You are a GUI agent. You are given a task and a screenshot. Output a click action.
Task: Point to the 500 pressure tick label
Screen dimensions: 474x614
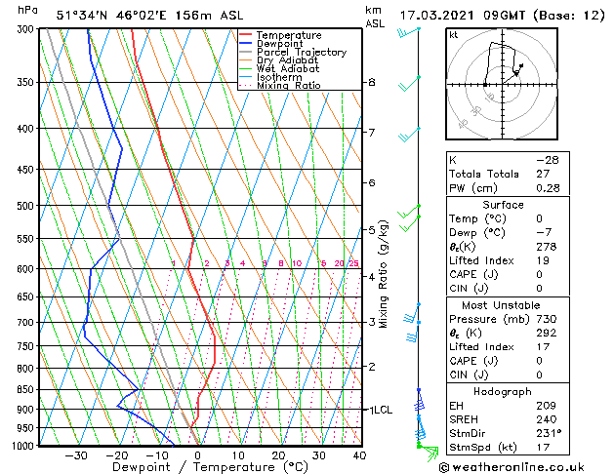pos(26,206)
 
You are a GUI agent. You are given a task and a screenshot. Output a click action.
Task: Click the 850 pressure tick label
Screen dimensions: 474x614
pos(26,389)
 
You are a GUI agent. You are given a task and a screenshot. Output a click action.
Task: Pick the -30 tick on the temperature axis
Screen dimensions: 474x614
pos(76,454)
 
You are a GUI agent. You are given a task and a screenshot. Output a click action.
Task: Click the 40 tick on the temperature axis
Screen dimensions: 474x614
pos(359,454)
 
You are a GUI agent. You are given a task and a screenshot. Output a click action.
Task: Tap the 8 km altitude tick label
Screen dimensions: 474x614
pos(371,83)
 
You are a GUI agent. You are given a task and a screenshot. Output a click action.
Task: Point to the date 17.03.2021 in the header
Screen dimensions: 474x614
pos(438,16)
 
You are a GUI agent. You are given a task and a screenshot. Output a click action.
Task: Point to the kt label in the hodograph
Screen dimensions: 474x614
pos(454,34)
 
